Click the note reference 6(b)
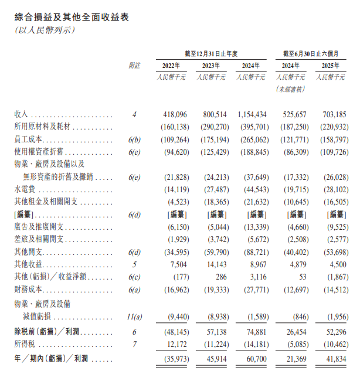point(134,140)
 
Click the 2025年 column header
point(331,65)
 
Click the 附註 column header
point(134,65)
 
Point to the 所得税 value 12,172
point(175,344)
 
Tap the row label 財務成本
point(27,289)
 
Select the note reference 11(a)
point(134,316)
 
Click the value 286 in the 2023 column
point(219,277)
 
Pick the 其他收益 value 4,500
point(336,264)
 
